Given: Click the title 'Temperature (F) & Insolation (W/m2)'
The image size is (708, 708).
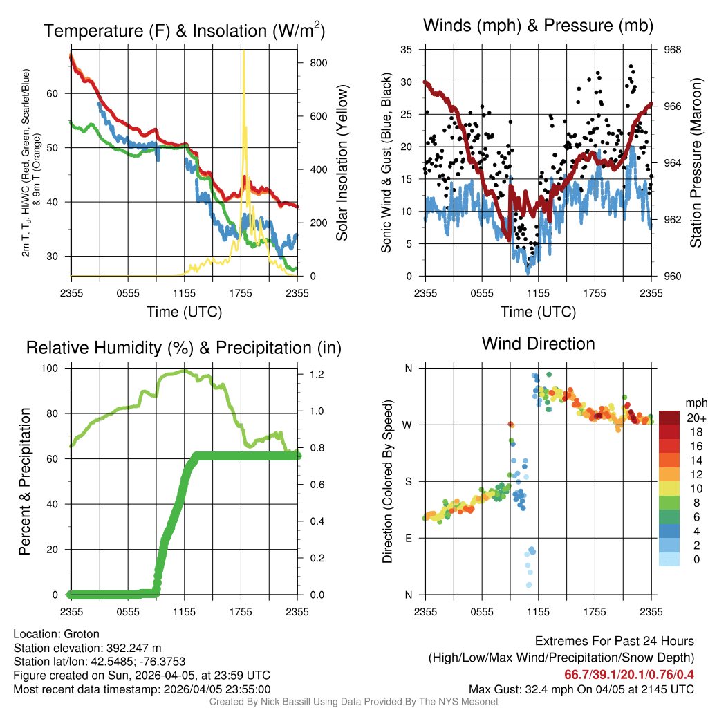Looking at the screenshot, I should click(184, 30).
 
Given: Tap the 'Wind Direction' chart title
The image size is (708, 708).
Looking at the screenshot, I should click(538, 344).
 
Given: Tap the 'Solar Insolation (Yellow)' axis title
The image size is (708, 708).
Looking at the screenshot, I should click(342, 163).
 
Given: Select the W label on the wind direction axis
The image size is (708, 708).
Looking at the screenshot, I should click(408, 425).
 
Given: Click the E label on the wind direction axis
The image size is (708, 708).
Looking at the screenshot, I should click(409, 538).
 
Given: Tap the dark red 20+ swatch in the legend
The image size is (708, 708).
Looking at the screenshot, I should click(669, 418).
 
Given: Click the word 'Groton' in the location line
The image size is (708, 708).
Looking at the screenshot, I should click(82, 634).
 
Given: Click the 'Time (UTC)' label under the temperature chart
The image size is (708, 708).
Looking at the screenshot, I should click(184, 312).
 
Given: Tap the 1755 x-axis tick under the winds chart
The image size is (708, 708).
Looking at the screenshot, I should click(595, 293).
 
